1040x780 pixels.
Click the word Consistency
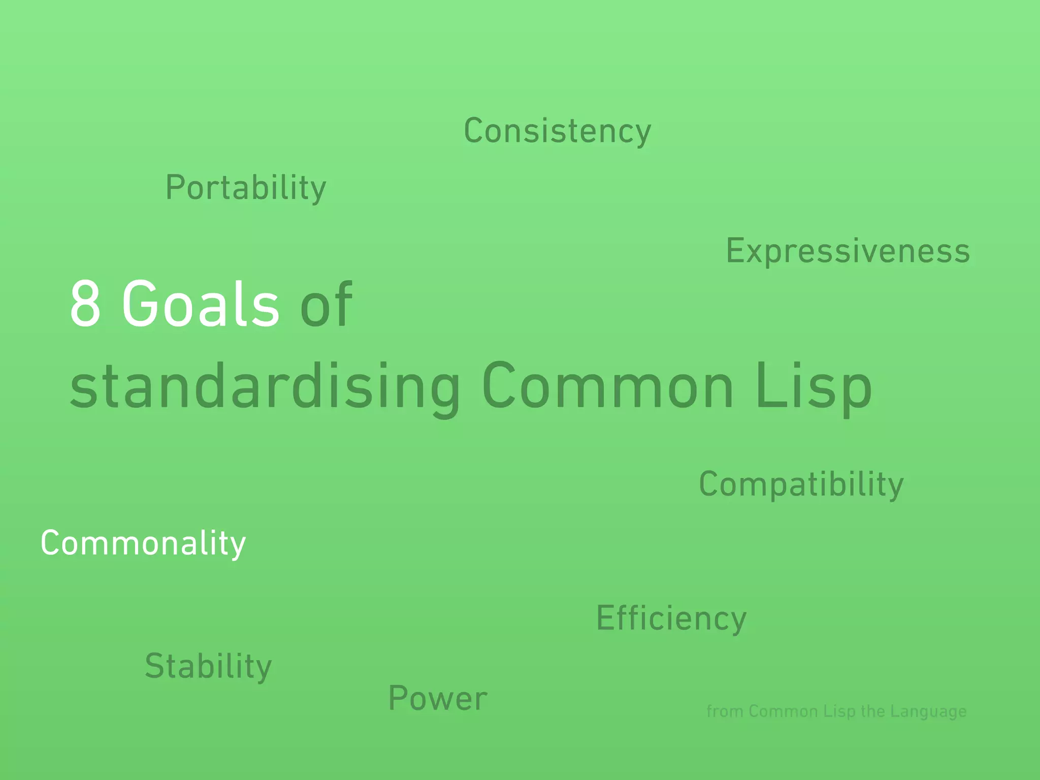tap(557, 131)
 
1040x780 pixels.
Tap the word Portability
tap(246, 188)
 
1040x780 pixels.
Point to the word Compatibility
tap(801, 484)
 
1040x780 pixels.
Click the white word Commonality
tap(143, 543)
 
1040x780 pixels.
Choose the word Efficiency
tap(671, 619)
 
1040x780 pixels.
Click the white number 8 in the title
tap(85, 304)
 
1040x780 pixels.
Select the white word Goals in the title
tap(201, 304)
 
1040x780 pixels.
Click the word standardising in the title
tap(265, 386)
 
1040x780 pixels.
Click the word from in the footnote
tap(725, 711)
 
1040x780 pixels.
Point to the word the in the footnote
tap(873, 711)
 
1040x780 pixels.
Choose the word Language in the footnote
tap(928, 712)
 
